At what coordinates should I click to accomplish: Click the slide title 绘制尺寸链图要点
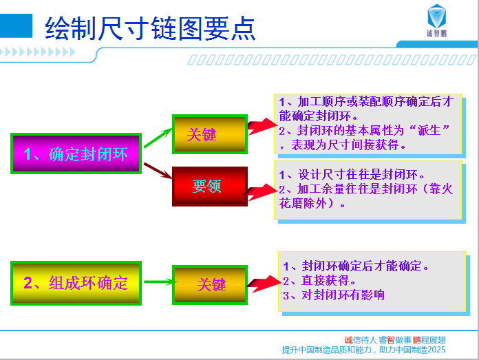coord(150,28)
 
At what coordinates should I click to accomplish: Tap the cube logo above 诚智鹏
coord(436,17)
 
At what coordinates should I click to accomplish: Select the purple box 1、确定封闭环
coord(76,153)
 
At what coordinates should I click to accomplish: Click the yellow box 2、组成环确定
coord(76,283)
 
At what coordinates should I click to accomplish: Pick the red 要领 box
coord(210,187)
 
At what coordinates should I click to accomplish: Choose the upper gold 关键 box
coord(210,134)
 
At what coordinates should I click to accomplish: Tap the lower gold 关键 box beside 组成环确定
coord(210,285)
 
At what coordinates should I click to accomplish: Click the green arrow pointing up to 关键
coord(158,138)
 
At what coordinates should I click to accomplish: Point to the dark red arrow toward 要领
coord(158,171)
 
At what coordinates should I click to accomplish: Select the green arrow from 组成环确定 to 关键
coord(159,282)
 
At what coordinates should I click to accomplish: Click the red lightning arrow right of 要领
coord(260,192)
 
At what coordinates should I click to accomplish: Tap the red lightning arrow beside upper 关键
coord(262,126)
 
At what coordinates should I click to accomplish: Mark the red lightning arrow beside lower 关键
coord(264,284)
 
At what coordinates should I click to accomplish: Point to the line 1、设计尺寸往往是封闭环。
coord(352,175)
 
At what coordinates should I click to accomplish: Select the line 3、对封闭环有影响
coord(334,295)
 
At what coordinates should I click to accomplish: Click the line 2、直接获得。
coord(319,281)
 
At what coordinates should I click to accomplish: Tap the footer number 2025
coord(436,350)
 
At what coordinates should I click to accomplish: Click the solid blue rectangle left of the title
coord(16,26)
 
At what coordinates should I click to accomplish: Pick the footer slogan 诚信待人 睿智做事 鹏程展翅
coord(395,340)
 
